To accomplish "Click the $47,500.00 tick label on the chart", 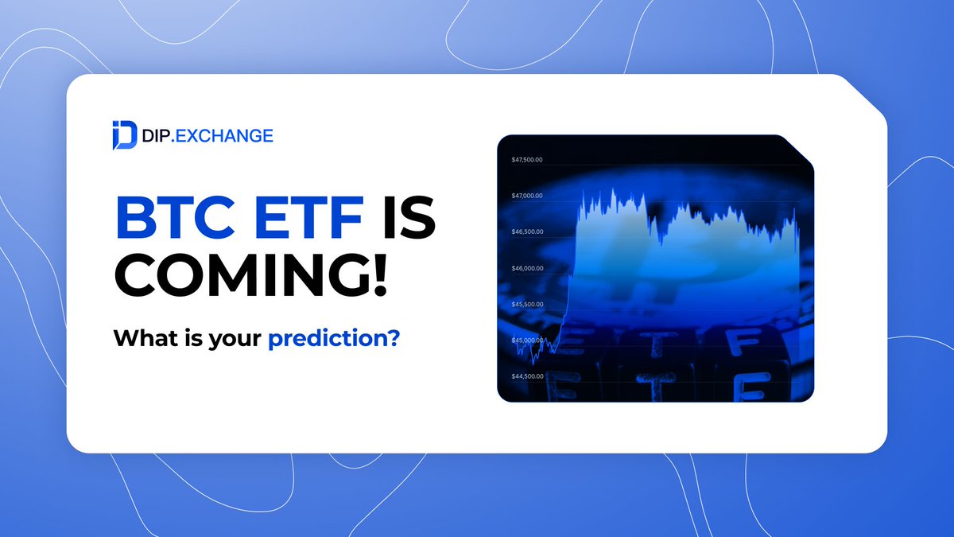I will click(526, 160).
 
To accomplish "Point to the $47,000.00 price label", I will click(526, 196).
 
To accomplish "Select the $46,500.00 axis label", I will click(526, 232).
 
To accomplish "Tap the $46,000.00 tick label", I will click(526, 268).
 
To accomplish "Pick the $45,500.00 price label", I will click(526, 304).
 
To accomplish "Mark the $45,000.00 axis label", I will click(526, 340).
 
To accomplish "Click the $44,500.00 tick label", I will click(526, 376).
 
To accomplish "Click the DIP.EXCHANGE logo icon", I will click(124, 135).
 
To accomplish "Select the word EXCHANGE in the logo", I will click(227, 136).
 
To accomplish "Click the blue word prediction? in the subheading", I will click(333, 338).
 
